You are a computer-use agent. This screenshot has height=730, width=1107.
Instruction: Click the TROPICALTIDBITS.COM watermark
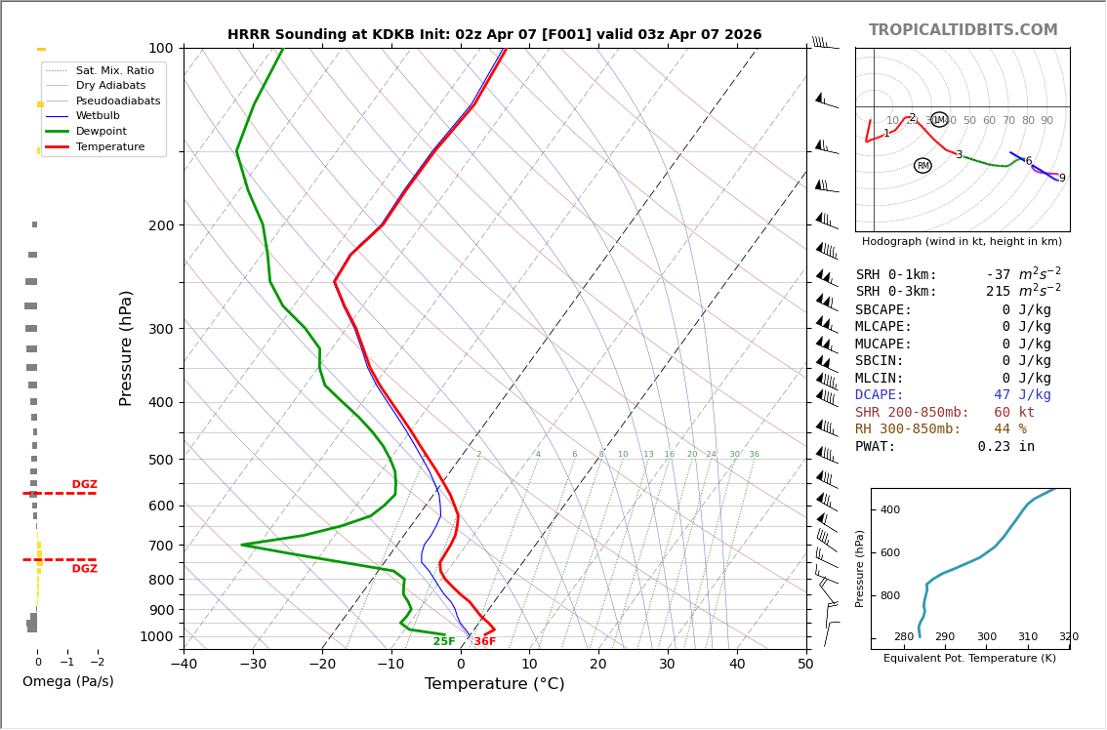(963, 30)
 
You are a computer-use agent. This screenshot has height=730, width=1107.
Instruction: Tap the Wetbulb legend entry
(98, 115)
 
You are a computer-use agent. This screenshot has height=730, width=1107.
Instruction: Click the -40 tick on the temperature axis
(184, 665)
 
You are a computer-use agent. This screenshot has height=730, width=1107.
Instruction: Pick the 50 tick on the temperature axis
(805, 665)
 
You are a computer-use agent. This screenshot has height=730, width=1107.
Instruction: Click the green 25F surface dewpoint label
(444, 641)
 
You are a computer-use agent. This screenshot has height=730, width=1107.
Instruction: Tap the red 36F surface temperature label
(485, 641)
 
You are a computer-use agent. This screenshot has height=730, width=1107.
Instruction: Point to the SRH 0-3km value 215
(1002, 292)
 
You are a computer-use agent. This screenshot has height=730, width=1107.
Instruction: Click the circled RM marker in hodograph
(922, 166)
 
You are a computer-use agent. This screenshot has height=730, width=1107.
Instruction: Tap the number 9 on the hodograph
(1062, 179)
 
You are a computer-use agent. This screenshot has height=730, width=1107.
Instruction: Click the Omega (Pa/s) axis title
(68, 681)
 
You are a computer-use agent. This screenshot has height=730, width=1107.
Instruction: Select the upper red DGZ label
(85, 485)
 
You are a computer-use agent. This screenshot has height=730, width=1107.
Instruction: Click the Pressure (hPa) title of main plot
(126, 347)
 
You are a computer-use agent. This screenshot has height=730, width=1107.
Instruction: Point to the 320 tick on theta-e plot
(1069, 637)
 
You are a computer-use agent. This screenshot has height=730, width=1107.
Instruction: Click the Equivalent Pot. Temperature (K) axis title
(970, 659)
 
